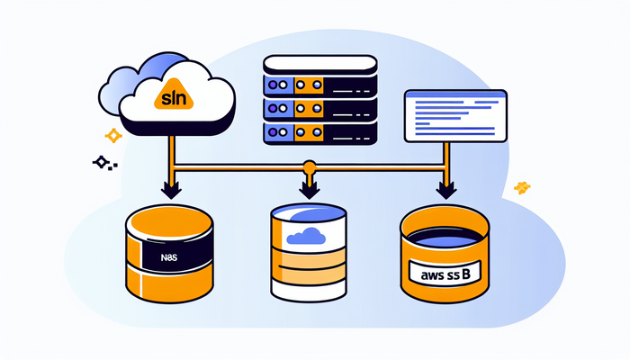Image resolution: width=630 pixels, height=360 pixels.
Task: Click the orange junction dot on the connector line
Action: (x=309, y=166)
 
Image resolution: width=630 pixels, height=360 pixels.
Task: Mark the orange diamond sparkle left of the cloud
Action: (x=113, y=136)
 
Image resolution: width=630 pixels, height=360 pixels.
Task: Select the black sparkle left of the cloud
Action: (x=101, y=163)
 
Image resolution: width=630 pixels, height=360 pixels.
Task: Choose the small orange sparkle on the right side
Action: (x=521, y=187)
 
